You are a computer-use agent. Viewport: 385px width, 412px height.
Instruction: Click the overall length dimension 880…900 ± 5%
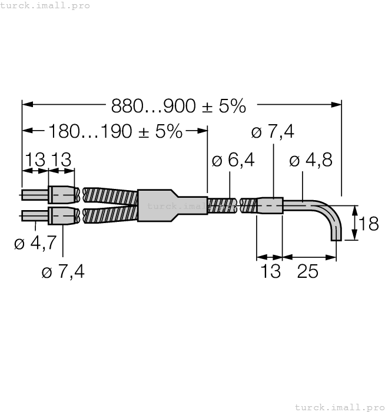click(x=178, y=106)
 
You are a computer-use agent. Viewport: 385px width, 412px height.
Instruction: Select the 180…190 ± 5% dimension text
click(x=115, y=131)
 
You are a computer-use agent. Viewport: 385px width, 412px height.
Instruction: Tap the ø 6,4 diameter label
click(x=233, y=160)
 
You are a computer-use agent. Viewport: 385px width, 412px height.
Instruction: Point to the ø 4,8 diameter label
click(x=312, y=161)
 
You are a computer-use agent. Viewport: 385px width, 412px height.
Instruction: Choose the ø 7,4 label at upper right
click(x=273, y=132)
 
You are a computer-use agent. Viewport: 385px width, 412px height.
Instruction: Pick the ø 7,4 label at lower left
click(x=62, y=273)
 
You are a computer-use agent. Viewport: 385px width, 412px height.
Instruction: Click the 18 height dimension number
click(x=369, y=224)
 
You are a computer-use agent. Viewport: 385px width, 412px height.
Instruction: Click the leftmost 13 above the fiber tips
click(x=35, y=159)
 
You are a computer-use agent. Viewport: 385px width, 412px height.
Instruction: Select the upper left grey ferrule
click(x=62, y=195)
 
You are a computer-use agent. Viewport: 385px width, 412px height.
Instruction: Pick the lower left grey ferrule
click(x=62, y=216)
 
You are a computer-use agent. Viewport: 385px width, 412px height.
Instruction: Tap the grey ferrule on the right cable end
click(x=270, y=206)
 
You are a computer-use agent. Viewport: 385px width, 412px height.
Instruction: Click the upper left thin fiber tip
click(x=34, y=195)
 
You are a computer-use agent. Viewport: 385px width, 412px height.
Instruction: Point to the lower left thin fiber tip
click(x=34, y=216)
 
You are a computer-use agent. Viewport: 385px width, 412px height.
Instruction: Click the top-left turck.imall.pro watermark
click(x=45, y=5)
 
